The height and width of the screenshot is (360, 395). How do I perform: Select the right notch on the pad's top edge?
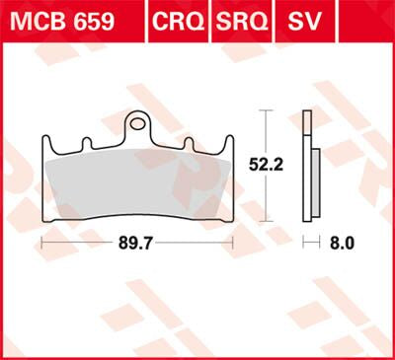tap(187, 144)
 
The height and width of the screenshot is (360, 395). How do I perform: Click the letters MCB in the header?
tap(39, 21)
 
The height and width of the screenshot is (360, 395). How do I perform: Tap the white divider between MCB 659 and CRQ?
tap(143, 21)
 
